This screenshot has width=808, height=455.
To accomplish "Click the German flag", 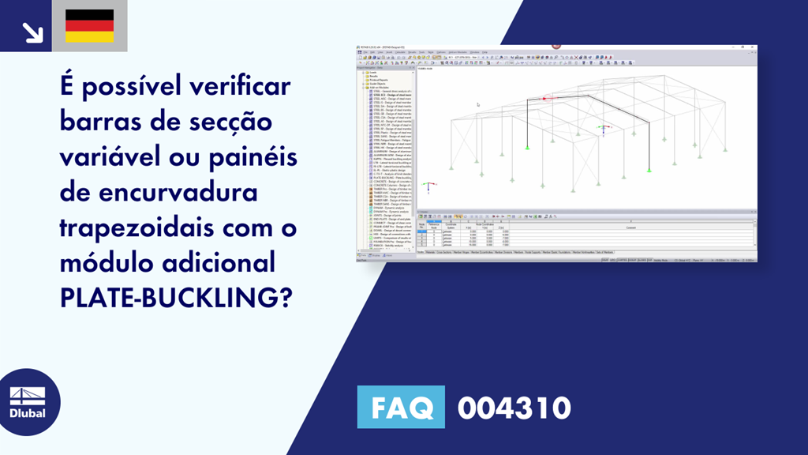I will pyautogui.click(x=89, y=26).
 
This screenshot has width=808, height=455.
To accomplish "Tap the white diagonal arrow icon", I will pyautogui.click(x=32, y=31).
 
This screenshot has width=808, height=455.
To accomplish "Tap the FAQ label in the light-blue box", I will pyautogui.click(x=401, y=408).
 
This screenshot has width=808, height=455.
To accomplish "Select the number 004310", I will pyautogui.click(x=514, y=408).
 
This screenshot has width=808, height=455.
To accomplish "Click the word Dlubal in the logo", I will pyautogui.click(x=27, y=412).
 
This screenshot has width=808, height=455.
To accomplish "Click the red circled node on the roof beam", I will pyautogui.click(x=544, y=98).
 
